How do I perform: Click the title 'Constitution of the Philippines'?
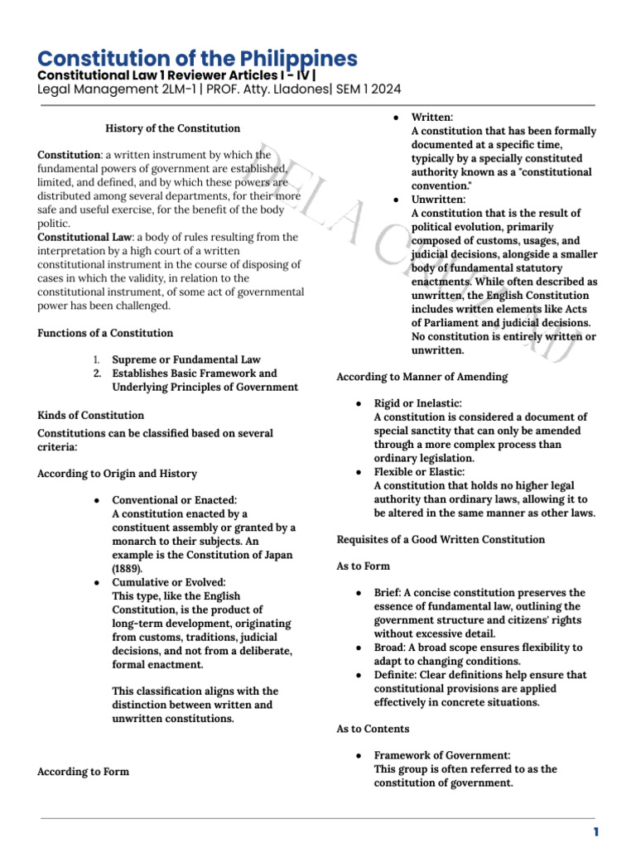198,59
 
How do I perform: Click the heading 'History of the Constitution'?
173,128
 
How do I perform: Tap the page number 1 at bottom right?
595,832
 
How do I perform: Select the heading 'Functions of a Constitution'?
105,333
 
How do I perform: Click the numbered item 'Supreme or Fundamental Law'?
186,360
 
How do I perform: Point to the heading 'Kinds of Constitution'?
91,415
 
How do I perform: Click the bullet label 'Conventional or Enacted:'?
175,500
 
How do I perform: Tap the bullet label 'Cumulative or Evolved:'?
169,582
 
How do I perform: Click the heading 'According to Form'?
83,771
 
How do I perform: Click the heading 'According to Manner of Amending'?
422,377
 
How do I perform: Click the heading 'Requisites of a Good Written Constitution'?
441,539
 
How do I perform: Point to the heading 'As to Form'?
363,566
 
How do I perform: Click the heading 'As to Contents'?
373,729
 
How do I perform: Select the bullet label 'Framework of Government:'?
442,755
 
